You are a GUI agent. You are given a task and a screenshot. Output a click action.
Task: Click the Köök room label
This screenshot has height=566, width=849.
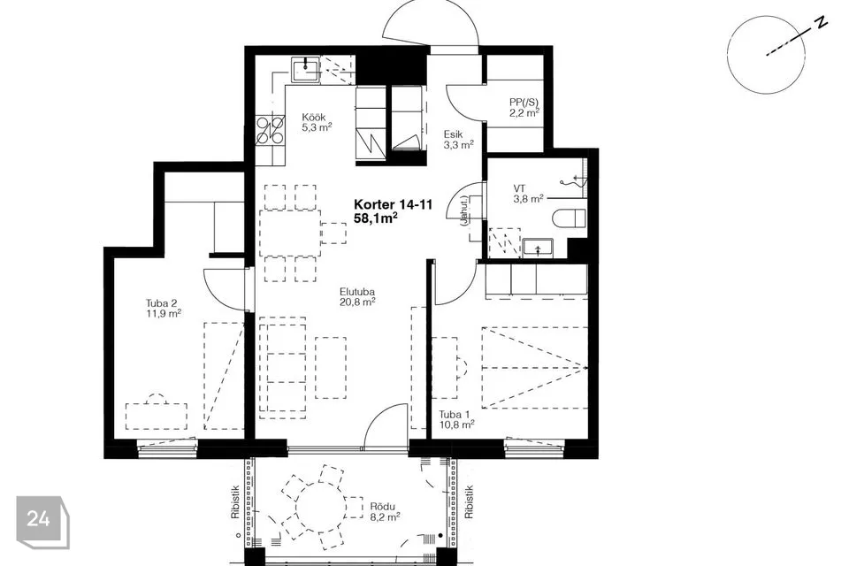coord(317,122)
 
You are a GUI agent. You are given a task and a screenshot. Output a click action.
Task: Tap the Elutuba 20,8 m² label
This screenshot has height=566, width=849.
coord(358,296)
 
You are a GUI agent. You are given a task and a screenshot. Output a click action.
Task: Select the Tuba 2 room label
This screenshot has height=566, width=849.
coord(163,308)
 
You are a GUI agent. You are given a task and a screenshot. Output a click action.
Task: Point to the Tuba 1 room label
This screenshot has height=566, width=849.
coord(457,419)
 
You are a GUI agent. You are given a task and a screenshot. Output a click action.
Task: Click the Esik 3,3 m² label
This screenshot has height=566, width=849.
coord(459,139)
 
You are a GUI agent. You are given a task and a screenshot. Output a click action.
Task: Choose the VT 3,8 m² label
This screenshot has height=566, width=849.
coord(529,194)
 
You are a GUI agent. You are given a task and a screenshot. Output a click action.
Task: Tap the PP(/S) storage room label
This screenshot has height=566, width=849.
coord(524,107)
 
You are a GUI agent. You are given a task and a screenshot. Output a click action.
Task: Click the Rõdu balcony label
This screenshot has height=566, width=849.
coord(385,511)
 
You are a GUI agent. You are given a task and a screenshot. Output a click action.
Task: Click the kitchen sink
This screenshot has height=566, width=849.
coord(306,70)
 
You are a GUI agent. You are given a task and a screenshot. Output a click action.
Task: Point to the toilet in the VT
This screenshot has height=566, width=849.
coord(570,218)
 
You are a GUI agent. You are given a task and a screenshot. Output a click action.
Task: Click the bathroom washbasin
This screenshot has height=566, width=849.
coord(538,249)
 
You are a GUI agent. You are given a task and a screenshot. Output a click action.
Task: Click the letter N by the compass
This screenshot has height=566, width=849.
coord(822,22)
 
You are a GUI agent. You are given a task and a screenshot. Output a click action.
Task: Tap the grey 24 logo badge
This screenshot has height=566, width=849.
coord(42,522)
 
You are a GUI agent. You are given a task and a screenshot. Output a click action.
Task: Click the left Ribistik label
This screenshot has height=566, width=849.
coord(235,501)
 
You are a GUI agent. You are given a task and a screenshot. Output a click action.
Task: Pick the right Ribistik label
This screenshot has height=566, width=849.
coord(469,501)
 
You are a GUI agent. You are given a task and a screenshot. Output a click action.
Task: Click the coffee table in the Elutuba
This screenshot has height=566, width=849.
coord(330,368)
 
